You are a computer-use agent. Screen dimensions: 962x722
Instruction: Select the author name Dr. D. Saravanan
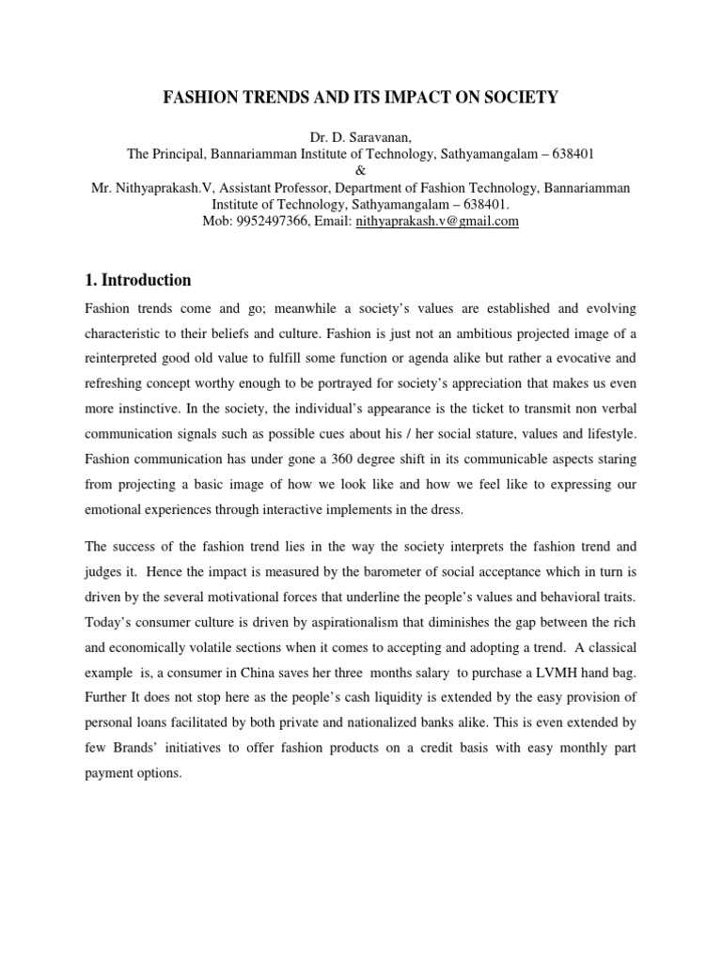click(x=360, y=137)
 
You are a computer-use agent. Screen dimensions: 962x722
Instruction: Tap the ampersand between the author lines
click(x=360, y=171)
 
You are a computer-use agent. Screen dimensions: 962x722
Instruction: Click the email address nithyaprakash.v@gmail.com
click(x=437, y=222)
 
